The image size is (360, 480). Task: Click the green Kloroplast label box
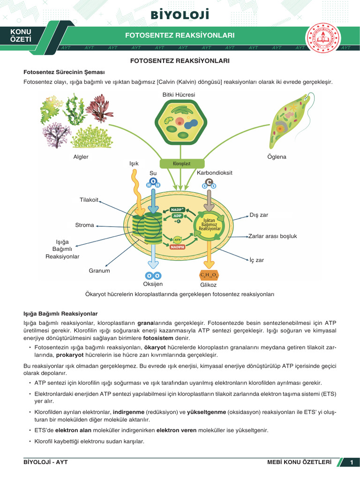coord(182,164)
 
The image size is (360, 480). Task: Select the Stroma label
coord(84,225)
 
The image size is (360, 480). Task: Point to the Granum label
coord(99,271)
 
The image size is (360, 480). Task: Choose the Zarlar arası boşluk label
coord(272,236)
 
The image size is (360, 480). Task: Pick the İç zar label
coord(257,260)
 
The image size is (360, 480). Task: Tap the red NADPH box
coord(177,247)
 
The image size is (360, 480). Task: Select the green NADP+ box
coord(177,210)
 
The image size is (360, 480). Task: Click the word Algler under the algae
coord(81,157)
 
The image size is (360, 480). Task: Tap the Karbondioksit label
coord(215,173)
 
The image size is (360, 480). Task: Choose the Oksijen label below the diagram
coord(153,284)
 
